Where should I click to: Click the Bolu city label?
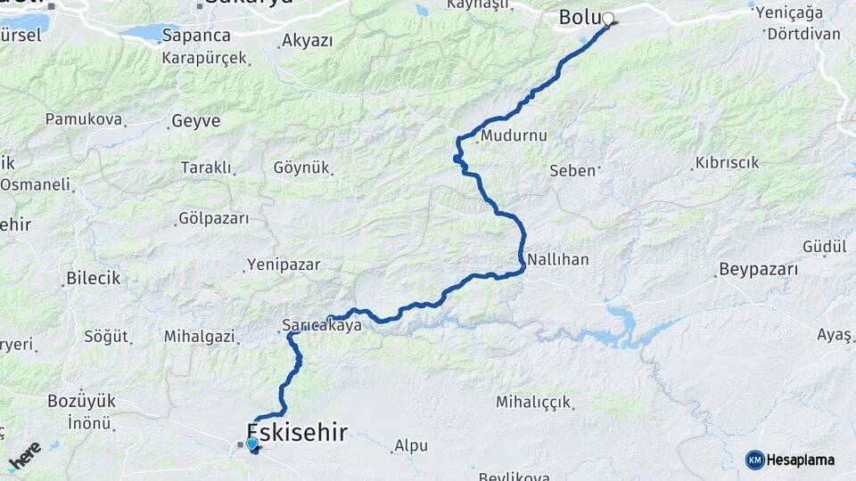coord(578,17)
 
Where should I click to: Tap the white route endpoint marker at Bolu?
coord(608,19)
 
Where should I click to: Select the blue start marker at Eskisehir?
coord(251,443)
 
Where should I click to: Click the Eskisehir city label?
coord(297,434)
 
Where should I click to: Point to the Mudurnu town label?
coord(513,136)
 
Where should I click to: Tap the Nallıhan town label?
coord(557,259)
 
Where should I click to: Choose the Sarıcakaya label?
coord(321,326)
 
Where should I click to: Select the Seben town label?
coord(572,170)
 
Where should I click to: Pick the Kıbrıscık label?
coord(726,163)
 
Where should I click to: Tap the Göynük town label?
coord(302,167)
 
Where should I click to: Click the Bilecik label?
coord(93,279)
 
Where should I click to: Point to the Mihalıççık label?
coord(533,402)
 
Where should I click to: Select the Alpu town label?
coord(411,445)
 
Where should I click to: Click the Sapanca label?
coord(197,37)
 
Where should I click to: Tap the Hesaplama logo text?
coord(800,460)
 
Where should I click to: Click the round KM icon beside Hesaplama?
coord(754,460)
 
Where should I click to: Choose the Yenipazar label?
coord(283,265)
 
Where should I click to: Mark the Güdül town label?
coord(817,246)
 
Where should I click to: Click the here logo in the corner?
coord(25,456)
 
